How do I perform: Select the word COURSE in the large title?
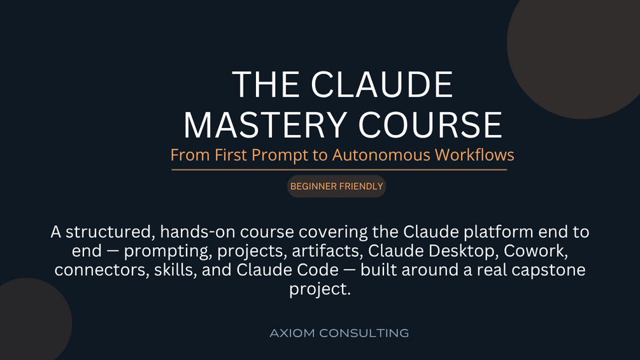click(430, 125)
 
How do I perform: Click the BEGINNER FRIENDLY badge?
click(336, 187)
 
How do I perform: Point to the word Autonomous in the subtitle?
click(381, 155)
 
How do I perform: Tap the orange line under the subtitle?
click(339, 169)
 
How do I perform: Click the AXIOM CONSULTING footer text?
click(339, 333)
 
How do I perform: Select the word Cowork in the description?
click(536, 250)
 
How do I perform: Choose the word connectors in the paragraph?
click(102, 270)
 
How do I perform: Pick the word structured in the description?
click(110, 232)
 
